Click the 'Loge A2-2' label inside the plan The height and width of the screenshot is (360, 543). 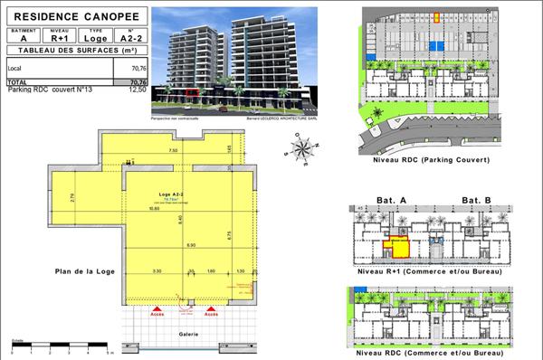(167, 195)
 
